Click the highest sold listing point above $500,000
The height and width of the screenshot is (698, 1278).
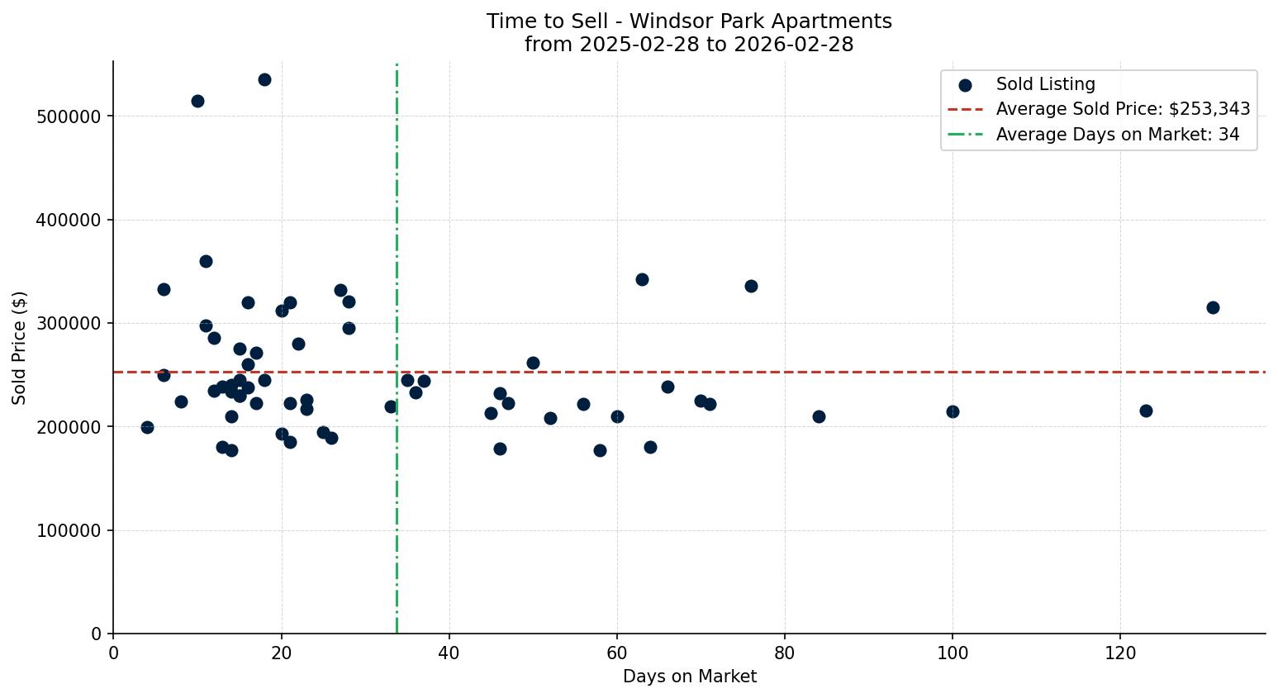pos(264,80)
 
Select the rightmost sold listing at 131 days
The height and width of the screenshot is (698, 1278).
pos(1213,307)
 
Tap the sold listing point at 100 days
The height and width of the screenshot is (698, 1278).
pos(953,411)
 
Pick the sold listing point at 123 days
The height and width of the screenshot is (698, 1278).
pos(1146,411)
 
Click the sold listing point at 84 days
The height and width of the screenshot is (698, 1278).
pos(819,416)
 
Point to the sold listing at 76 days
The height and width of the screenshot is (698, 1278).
pos(751,286)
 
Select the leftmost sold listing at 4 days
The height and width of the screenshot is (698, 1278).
pos(147,427)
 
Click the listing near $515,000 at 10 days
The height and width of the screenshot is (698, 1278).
pos(197,101)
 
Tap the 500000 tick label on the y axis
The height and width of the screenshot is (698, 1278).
pos(69,116)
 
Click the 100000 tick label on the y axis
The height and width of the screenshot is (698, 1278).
pos(69,530)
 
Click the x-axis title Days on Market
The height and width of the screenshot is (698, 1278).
pos(689,677)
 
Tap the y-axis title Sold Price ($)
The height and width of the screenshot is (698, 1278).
pos(20,348)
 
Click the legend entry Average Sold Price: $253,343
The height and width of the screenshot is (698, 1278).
pos(1123,109)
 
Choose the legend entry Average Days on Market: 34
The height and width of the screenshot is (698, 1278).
pos(1117,135)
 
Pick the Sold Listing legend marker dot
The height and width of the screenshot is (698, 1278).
pos(964,84)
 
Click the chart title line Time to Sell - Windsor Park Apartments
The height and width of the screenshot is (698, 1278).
pos(689,21)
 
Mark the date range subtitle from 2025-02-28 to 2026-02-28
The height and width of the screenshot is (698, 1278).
pos(689,45)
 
